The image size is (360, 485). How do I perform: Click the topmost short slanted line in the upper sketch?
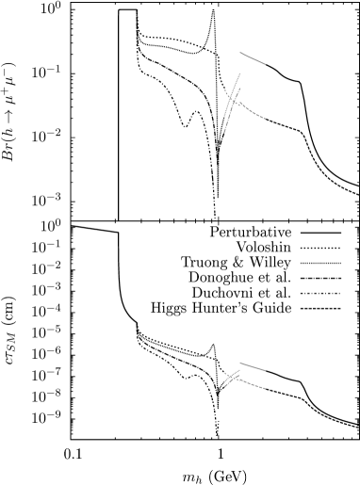pyautogui.click(x=253, y=58)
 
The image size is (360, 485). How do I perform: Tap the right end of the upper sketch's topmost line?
pyautogui.click(x=265, y=64)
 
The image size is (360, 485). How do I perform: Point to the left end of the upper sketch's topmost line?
pyautogui.click(x=240, y=53)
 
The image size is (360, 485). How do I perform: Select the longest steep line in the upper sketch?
pyautogui.click(x=232, y=102)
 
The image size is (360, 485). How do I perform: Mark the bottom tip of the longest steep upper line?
pyautogui.click(x=223, y=133)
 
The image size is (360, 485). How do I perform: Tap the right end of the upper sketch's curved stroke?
pyautogui.click(x=265, y=120)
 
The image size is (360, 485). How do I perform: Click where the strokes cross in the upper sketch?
pyautogui.click(x=231, y=97)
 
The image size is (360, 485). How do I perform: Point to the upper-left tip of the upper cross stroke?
pyautogui.click(x=225, y=89)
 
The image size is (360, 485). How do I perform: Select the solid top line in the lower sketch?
pyautogui.click(x=253, y=366)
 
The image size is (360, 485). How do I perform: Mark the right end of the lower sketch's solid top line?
pyautogui.click(x=265, y=370)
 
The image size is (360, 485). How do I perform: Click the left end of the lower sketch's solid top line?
pyautogui.click(x=240, y=363)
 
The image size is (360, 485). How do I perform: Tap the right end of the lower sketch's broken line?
pyautogui.click(x=265, y=388)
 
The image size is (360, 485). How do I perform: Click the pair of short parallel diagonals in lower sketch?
pyautogui.click(x=231, y=378)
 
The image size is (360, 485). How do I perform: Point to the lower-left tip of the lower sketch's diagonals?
pyautogui.click(x=224, y=384)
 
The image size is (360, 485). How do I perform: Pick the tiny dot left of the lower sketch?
pyautogui.click(x=223, y=375)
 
